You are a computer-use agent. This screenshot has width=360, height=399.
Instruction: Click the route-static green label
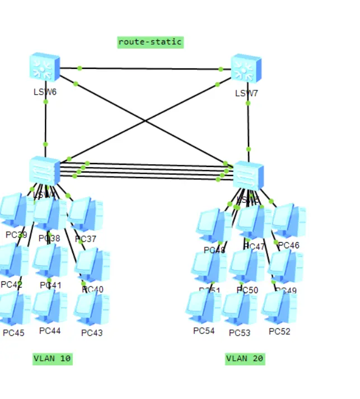point(150,42)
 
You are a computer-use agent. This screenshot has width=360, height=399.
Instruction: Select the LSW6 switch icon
point(45,67)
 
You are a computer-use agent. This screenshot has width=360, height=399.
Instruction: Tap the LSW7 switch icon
point(246,68)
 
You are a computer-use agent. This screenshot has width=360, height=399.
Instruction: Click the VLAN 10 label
point(53,359)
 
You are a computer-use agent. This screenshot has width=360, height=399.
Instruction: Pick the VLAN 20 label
point(245,359)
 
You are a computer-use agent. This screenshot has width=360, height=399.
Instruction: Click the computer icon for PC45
point(13,309)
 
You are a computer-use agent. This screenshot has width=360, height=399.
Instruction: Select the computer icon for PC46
point(288,221)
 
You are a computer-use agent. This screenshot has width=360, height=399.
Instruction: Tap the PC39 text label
point(16,235)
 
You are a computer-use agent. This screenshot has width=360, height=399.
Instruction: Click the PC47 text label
point(255,247)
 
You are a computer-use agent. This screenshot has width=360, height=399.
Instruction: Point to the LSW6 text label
point(45,92)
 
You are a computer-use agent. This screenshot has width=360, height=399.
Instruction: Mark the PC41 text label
point(50,285)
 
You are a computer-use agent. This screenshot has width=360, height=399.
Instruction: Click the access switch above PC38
point(45,170)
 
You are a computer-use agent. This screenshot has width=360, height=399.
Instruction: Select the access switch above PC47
point(248,175)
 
